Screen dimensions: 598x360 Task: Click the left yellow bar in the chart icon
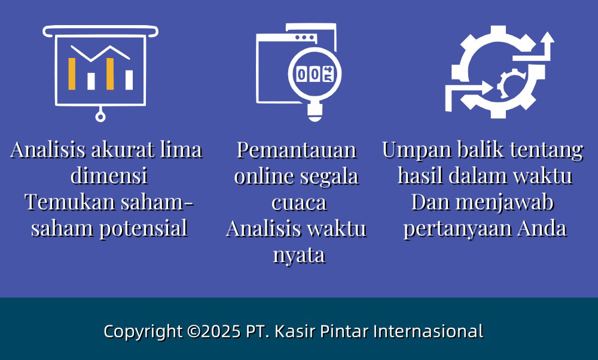72,74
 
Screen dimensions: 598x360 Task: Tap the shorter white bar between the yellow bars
91,81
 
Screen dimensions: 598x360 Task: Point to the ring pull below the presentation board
100,117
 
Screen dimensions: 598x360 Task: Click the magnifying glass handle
315,112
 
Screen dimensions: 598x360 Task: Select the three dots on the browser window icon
305,37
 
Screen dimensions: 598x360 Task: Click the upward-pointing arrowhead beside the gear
547,38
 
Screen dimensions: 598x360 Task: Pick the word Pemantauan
297,150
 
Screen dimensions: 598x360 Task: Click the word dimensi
109,175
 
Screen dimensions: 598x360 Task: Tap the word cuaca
299,203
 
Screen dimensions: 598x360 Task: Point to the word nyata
299,256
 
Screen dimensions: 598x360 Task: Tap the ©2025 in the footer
214,331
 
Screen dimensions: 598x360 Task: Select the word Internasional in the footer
428,331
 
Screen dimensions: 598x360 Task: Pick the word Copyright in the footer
143,332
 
